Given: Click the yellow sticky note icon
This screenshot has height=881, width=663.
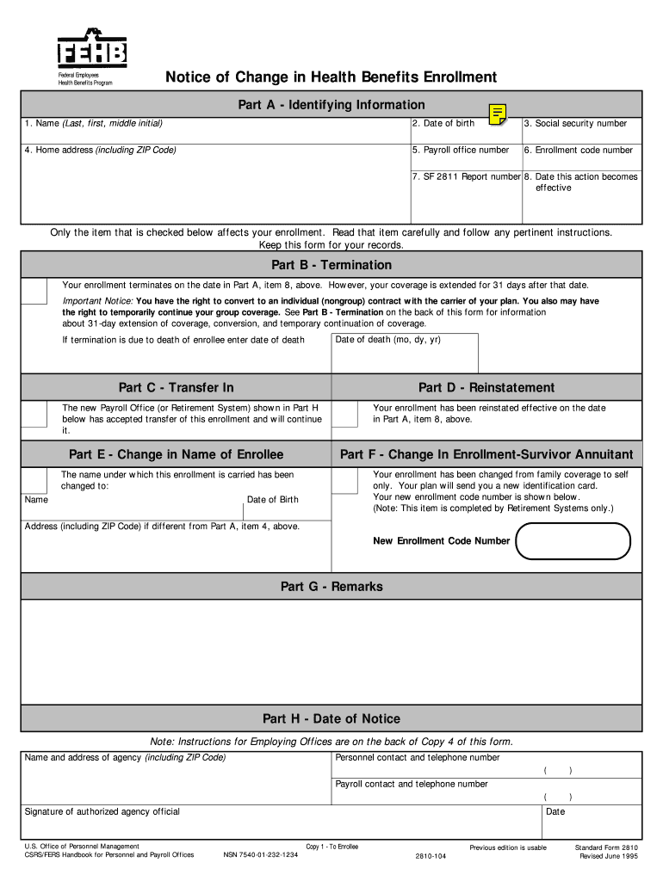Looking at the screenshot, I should [x=498, y=114].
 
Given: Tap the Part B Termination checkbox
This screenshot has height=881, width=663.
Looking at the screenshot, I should [x=34, y=292].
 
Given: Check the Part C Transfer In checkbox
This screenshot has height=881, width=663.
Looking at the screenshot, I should [x=34, y=415].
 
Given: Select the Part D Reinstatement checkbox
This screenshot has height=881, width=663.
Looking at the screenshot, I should [x=344, y=415].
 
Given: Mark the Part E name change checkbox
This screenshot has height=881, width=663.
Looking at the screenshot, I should [x=34, y=480].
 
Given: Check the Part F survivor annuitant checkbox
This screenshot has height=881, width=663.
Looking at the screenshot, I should [x=344, y=480].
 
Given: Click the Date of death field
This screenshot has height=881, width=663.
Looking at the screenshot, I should [x=405, y=354].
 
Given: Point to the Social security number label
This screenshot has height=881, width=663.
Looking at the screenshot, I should [x=575, y=124].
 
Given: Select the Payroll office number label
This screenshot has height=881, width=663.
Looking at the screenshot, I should [x=460, y=151].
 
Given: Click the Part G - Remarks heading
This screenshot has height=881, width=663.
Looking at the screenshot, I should [x=331, y=587].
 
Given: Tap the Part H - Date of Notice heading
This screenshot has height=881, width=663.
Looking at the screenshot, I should [x=331, y=719].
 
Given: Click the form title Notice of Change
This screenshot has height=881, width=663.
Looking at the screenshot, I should [x=331, y=77].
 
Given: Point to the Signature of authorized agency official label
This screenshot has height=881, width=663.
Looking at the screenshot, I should [x=102, y=811].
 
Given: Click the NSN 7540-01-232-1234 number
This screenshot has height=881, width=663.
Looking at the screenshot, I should [x=261, y=855].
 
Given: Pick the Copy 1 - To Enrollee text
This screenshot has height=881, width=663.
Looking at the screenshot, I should [x=331, y=847].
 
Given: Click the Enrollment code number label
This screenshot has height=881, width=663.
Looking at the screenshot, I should [x=579, y=151].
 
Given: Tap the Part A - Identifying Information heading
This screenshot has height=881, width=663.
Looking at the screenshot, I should [x=331, y=105].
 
